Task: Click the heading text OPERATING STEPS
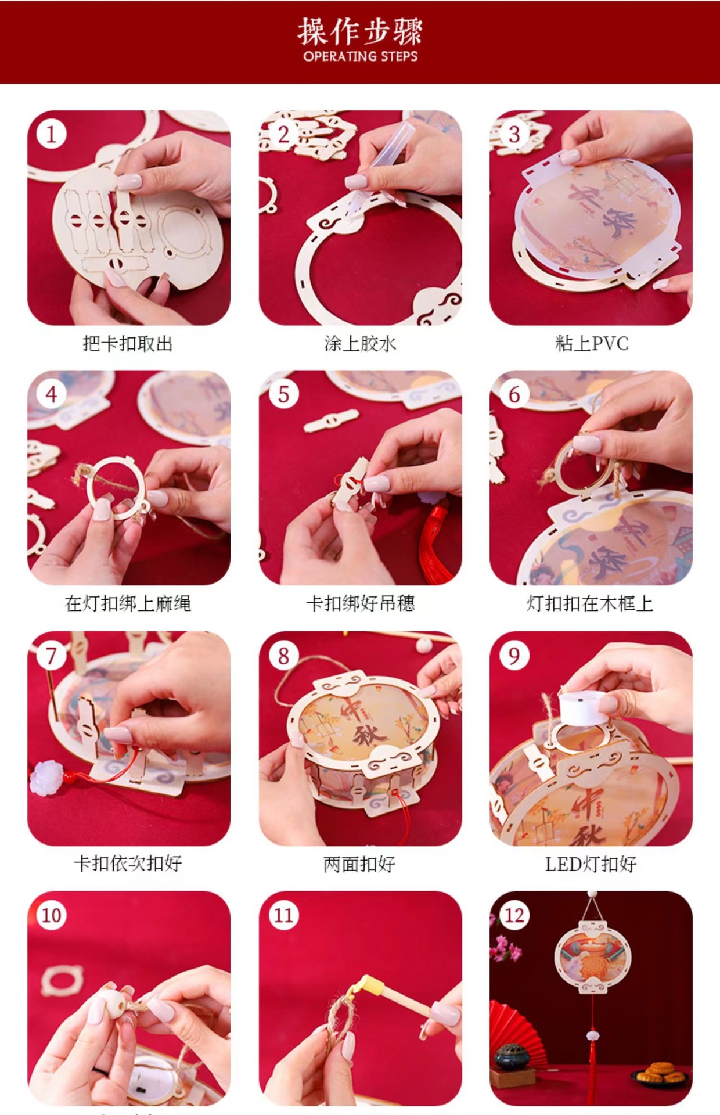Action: (x=360, y=56)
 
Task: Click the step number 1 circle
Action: (x=51, y=135)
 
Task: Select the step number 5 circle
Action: (x=283, y=394)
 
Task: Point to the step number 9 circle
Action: (x=514, y=656)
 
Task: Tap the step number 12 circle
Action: (x=514, y=916)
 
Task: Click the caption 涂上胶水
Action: (x=360, y=344)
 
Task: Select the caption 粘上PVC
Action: (x=592, y=344)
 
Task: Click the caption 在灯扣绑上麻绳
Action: (x=128, y=604)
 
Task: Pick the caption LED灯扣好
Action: (x=591, y=864)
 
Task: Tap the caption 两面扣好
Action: (x=360, y=864)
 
